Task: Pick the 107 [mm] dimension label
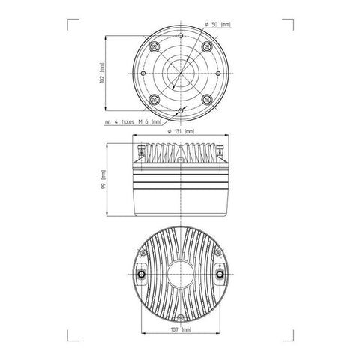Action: point(180,328)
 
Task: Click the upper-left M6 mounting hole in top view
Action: point(154,46)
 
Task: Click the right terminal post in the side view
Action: point(221,148)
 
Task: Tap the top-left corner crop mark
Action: point(70,21)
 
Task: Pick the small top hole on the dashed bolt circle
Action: point(180,34)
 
